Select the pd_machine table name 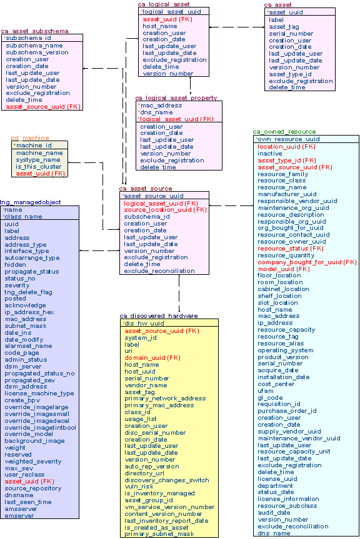(x=29, y=138)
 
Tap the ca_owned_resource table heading (x=284, y=132)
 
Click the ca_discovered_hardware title (x=159, y=316)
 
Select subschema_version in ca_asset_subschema (x=37, y=52)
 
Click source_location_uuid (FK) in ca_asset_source (x=165, y=210)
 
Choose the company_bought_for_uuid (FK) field (x=307, y=262)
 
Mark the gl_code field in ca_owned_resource (x=270, y=398)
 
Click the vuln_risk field (x=139, y=487)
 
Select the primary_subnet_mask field (x=160, y=534)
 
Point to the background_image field (x=34, y=441)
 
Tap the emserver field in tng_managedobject (x=19, y=515)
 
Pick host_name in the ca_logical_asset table (x=159, y=26)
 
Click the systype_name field (x=38, y=160)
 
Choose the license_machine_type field (x=39, y=393)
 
